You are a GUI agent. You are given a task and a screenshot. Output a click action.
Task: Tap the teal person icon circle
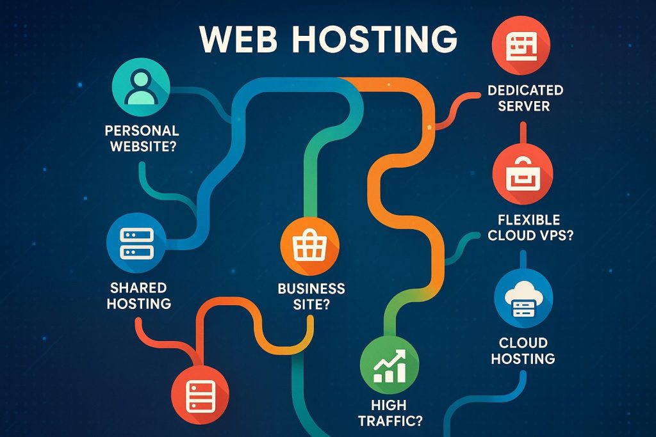[x=141, y=89]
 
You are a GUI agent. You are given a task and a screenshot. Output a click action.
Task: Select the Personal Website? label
[x=142, y=138]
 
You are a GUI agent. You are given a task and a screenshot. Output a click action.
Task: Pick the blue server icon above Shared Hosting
[x=136, y=242]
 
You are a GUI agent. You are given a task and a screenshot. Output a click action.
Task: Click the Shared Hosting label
[x=139, y=295]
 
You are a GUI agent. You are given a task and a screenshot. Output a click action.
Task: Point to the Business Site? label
[x=311, y=296]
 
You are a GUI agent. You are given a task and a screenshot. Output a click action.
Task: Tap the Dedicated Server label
[x=525, y=98]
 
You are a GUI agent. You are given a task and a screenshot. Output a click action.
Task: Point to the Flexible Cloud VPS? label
[x=530, y=228]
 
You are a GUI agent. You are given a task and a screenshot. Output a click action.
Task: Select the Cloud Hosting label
[x=523, y=351]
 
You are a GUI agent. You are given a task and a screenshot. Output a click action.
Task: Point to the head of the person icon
[x=141, y=80]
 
